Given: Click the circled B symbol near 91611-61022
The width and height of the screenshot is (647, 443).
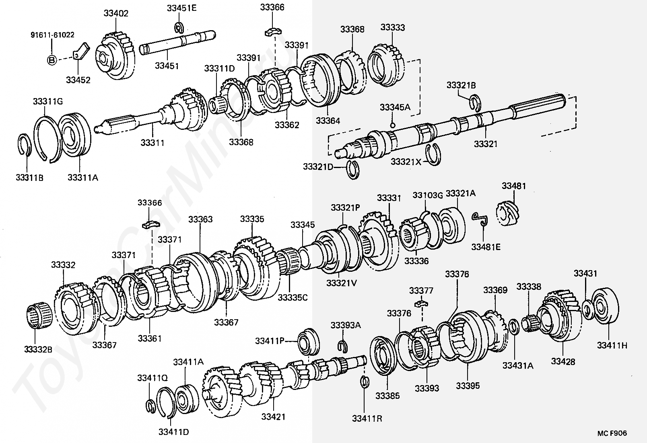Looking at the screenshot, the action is coord(52,60).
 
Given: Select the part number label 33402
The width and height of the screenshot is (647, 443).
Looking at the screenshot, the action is coord(116,13).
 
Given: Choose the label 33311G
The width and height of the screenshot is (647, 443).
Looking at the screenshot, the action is coord(48,101).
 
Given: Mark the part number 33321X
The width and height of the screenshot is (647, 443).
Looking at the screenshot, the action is coord(406,162).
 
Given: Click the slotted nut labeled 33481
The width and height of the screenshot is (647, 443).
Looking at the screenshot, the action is coord(508,212).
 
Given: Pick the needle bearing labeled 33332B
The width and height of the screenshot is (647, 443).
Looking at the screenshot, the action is coord(39,316).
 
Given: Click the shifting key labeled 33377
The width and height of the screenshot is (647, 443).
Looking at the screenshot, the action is coord(421,302).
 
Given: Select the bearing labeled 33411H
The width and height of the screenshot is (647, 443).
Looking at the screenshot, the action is coord(605,306).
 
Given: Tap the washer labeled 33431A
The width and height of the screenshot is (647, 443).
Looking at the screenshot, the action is coord(514,326).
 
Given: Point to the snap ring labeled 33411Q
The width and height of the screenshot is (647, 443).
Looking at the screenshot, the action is coord(150,406).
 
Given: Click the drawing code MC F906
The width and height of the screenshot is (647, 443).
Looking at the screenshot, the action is coord(612,433).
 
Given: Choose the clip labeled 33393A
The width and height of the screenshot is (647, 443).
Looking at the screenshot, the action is coord(342,345).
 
